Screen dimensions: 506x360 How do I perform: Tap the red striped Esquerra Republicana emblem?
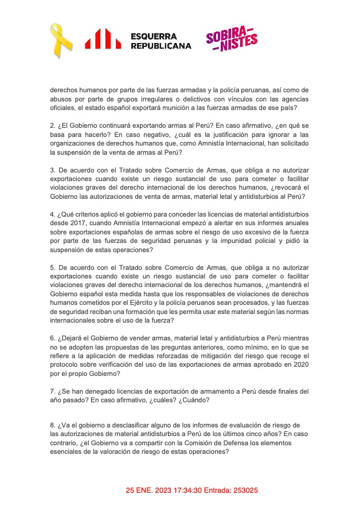tap(103, 39)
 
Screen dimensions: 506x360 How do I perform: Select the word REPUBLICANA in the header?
tap(161, 46)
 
